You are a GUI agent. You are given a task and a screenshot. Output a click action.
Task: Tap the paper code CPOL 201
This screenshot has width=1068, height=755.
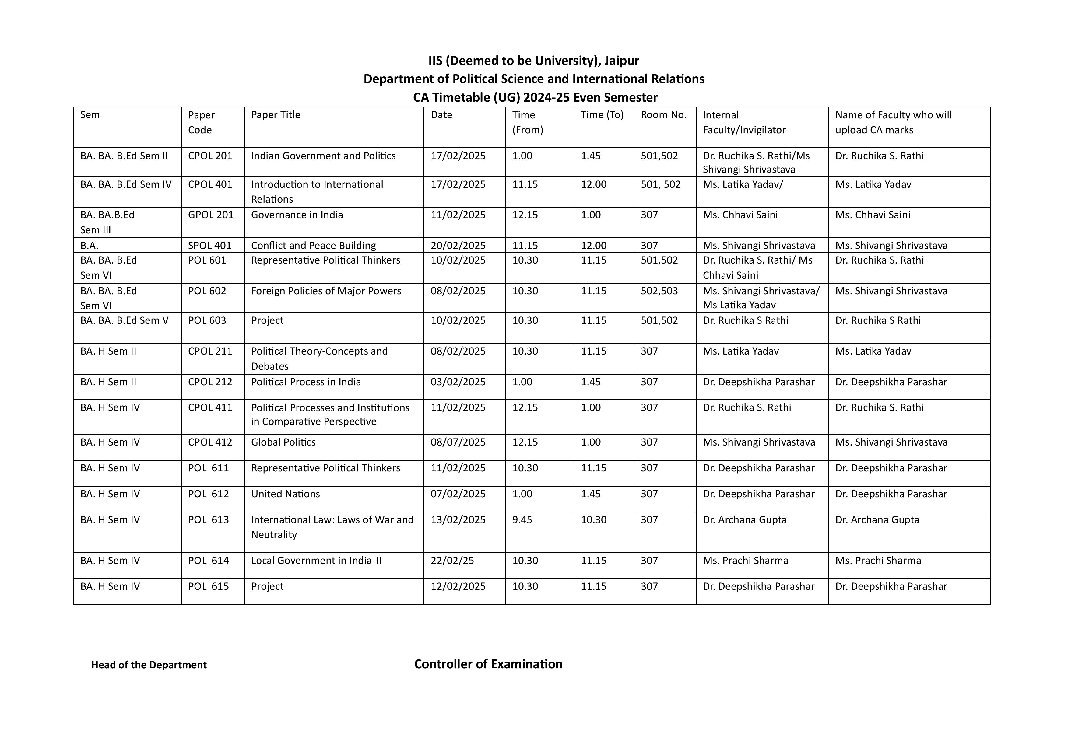(210, 156)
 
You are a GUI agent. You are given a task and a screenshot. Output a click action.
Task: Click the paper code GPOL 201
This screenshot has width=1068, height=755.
(210, 215)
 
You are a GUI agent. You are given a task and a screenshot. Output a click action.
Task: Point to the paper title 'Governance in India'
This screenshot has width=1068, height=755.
(297, 215)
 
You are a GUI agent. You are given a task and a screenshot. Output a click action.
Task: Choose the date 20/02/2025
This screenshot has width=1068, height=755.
(458, 246)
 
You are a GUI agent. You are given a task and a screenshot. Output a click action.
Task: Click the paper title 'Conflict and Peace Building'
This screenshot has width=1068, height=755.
(313, 246)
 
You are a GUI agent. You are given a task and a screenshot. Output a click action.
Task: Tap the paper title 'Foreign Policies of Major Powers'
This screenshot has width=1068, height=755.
(326, 291)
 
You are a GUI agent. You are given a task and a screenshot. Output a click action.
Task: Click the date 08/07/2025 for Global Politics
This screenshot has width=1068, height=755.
(458, 442)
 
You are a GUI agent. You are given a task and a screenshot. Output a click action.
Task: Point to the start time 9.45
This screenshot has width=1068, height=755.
(522, 520)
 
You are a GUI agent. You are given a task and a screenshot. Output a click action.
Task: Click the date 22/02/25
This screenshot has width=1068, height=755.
(452, 561)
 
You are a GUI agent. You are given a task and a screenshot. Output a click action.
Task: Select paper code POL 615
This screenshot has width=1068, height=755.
(208, 587)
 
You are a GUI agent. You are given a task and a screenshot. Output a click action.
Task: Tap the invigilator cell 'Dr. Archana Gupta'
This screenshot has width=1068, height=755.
(744, 520)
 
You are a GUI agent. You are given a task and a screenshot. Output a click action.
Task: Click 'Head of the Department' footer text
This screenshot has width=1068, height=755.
(149, 665)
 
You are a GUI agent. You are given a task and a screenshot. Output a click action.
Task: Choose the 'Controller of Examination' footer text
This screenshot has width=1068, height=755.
(488, 664)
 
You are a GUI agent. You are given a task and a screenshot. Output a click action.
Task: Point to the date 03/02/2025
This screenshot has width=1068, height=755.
(458, 382)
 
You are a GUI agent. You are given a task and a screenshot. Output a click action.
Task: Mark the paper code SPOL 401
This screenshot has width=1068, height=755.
(209, 246)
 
